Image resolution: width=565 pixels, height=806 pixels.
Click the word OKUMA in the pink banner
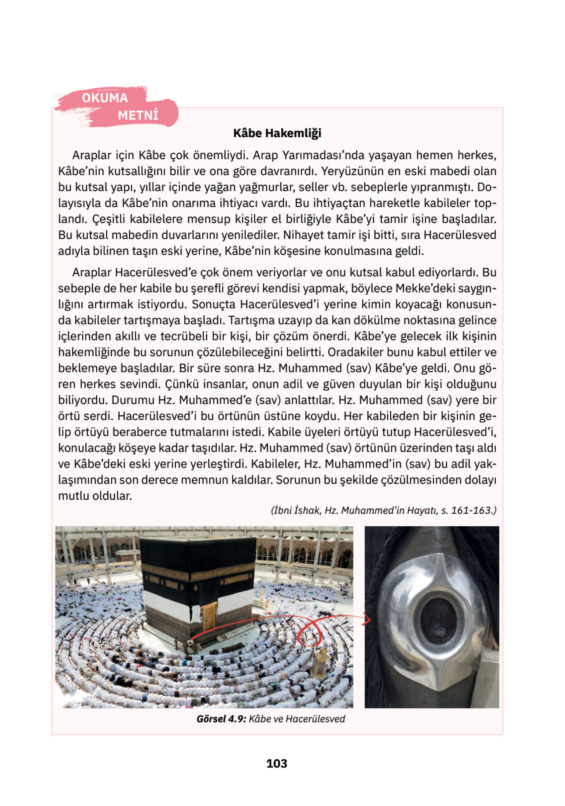105,98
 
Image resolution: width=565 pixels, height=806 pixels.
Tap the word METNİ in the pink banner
138,115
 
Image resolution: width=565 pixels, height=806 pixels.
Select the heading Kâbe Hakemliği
277,133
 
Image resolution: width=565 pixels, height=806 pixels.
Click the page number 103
277,763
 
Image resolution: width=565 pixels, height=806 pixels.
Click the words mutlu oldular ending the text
95,496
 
